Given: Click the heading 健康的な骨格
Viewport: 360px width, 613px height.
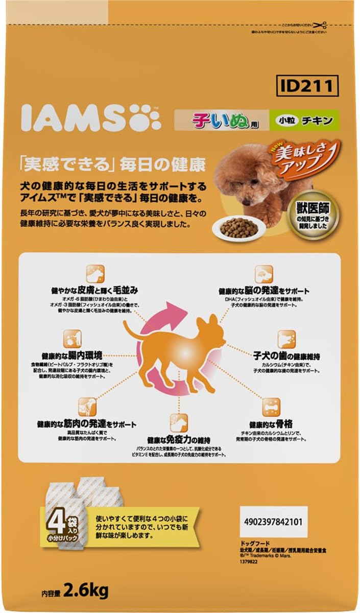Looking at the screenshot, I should coord(271,424).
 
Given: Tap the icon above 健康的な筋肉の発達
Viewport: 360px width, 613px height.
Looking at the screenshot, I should coord(87,407).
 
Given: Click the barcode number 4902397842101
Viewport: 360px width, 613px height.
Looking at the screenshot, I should coord(273,522).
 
